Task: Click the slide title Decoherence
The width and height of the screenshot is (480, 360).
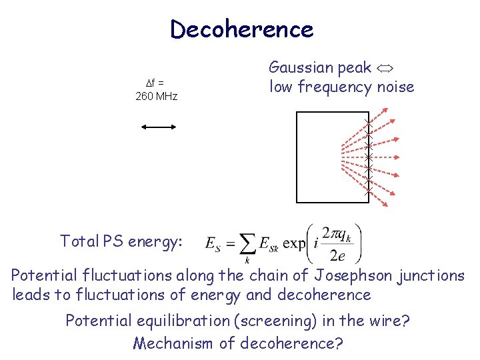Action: click(241, 29)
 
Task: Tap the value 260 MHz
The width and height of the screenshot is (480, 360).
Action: click(157, 97)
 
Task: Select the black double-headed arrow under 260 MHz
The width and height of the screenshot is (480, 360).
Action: click(159, 125)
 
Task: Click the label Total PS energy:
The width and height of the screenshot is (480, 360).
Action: click(121, 241)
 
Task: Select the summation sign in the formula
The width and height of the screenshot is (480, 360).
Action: click(247, 244)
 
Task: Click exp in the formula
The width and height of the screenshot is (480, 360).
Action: click(293, 244)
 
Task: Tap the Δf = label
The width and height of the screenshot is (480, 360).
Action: click(155, 83)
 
